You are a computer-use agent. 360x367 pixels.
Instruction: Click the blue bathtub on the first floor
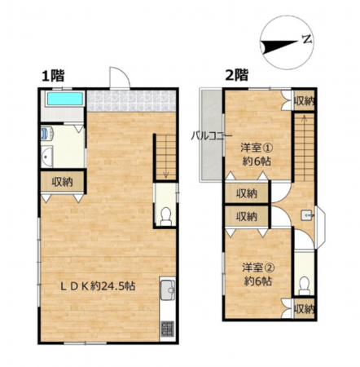(x=65, y=99)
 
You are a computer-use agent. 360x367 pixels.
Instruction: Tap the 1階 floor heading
(x=53, y=76)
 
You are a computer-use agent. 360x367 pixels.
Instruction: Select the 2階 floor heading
(x=237, y=75)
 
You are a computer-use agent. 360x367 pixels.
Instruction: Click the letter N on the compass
(x=307, y=40)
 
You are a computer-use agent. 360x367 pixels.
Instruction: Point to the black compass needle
(x=279, y=46)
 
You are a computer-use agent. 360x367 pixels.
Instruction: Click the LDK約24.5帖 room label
(x=98, y=286)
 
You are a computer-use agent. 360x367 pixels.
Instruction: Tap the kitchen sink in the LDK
(x=168, y=290)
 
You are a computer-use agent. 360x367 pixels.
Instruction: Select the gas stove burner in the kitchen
(x=168, y=328)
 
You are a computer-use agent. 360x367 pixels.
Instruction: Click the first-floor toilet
(x=165, y=217)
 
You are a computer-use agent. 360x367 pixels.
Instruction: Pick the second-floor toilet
(x=304, y=285)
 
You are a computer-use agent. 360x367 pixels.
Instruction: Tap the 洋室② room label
(x=258, y=268)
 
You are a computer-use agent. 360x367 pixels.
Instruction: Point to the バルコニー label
(x=211, y=135)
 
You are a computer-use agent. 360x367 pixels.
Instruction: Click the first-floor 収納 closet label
(x=63, y=182)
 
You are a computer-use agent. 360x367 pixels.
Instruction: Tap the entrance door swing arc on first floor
(x=120, y=77)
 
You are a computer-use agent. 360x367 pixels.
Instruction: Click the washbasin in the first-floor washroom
(x=47, y=157)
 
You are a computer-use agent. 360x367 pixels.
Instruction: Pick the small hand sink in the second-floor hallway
(x=307, y=215)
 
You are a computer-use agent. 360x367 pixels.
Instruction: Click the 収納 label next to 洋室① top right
(x=304, y=101)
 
